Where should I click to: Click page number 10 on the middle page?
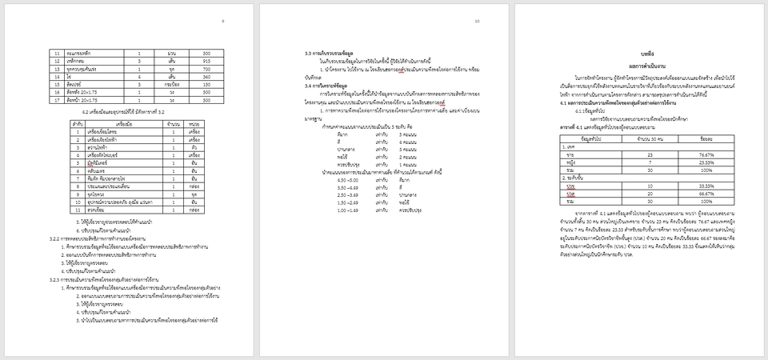[478, 21]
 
